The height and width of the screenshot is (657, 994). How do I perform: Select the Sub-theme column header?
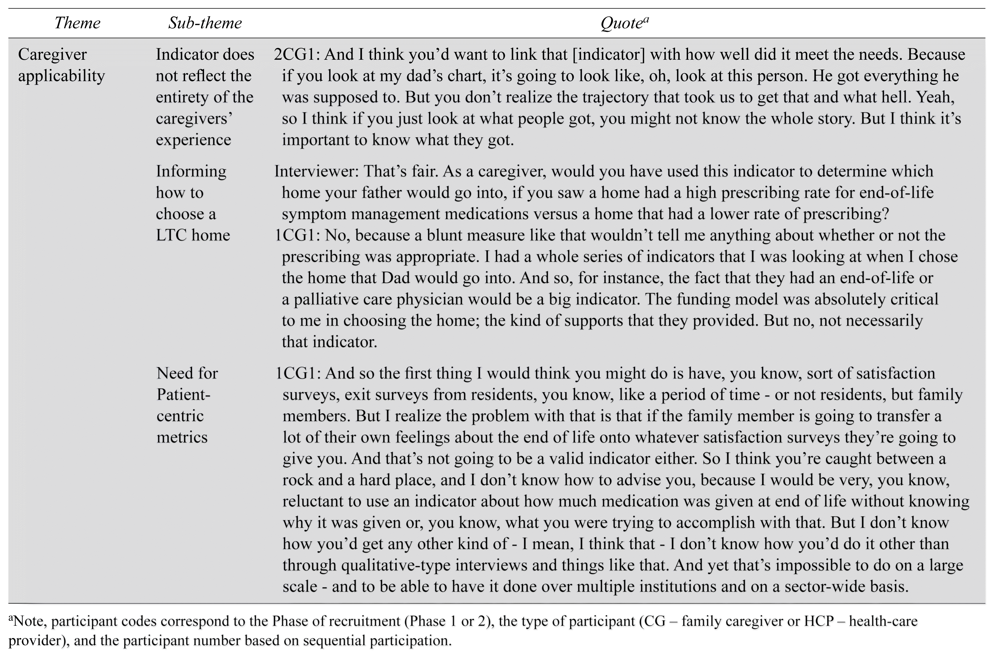pyautogui.click(x=205, y=23)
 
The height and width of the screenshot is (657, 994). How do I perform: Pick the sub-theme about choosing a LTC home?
pyautogui.click(x=193, y=203)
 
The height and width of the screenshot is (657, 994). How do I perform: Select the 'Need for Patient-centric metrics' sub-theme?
pyautogui.click(x=187, y=405)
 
